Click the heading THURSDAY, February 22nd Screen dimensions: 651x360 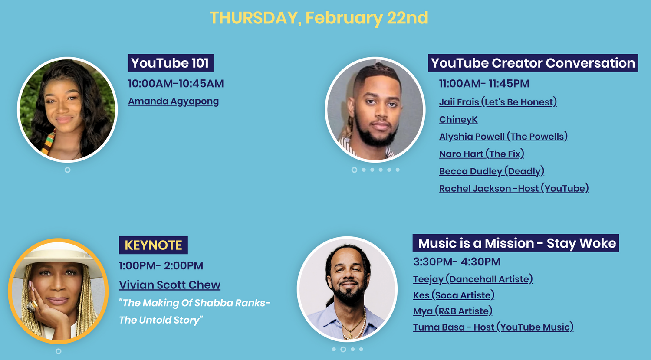pyautogui.click(x=319, y=18)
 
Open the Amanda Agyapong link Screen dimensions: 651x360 pyautogui.click(x=174, y=101)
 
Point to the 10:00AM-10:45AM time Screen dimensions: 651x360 pyautogui.click(x=176, y=84)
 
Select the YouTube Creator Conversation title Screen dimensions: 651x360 pyautogui.click(x=533, y=63)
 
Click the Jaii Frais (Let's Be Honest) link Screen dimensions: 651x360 pyautogui.click(x=498, y=102)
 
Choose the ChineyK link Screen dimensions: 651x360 pyautogui.click(x=458, y=119)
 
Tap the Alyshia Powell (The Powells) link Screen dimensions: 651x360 pyautogui.click(x=503, y=137)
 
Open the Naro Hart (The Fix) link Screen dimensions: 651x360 pyautogui.click(x=482, y=154)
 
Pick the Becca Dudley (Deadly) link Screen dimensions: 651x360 pyautogui.click(x=492, y=171)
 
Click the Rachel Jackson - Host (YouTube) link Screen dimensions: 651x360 pyautogui.click(x=514, y=188)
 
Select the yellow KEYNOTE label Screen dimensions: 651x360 pyautogui.click(x=154, y=245)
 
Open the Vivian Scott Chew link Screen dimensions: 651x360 pyautogui.click(x=170, y=285)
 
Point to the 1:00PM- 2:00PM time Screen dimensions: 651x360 pyautogui.click(x=161, y=265)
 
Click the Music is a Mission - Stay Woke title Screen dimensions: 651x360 pyautogui.click(x=516, y=243)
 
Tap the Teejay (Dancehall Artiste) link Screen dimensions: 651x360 pyautogui.click(x=473, y=279)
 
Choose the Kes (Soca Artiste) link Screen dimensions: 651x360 pyautogui.click(x=454, y=295)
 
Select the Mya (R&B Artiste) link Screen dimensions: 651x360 pyautogui.click(x=453, y=311)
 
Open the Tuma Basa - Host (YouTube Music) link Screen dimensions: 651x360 pyautogui.click(x=493, y=327)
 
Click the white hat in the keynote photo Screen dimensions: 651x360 pyautogui.click(x=58, y=256)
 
